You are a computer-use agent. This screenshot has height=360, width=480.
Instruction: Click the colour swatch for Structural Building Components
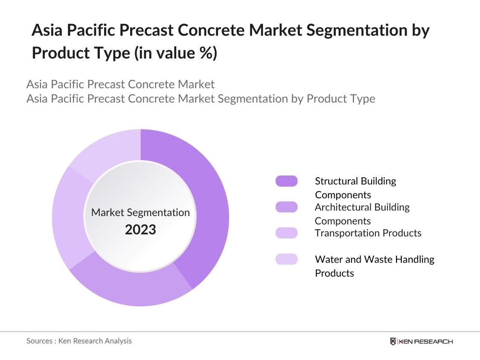(x=286, y=181)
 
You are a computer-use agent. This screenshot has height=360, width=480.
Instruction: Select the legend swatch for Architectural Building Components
(x=286, y=207)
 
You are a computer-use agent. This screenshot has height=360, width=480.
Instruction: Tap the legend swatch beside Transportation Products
(x=286, y=233)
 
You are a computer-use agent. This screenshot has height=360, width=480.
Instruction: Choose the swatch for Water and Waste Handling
(x=286, y=259)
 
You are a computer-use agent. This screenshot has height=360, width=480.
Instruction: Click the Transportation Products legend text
(x=368, y=233)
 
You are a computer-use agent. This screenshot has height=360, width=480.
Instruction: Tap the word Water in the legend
(x=326, y=259)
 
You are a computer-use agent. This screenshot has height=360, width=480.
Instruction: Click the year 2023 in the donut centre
(x=140, y=230)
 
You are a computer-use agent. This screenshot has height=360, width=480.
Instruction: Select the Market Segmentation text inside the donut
(x=140, y=212)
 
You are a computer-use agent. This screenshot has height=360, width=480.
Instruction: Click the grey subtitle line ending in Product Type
(x=201, y=99)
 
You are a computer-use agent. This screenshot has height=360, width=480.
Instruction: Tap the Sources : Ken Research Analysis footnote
(x=79, y=341)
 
